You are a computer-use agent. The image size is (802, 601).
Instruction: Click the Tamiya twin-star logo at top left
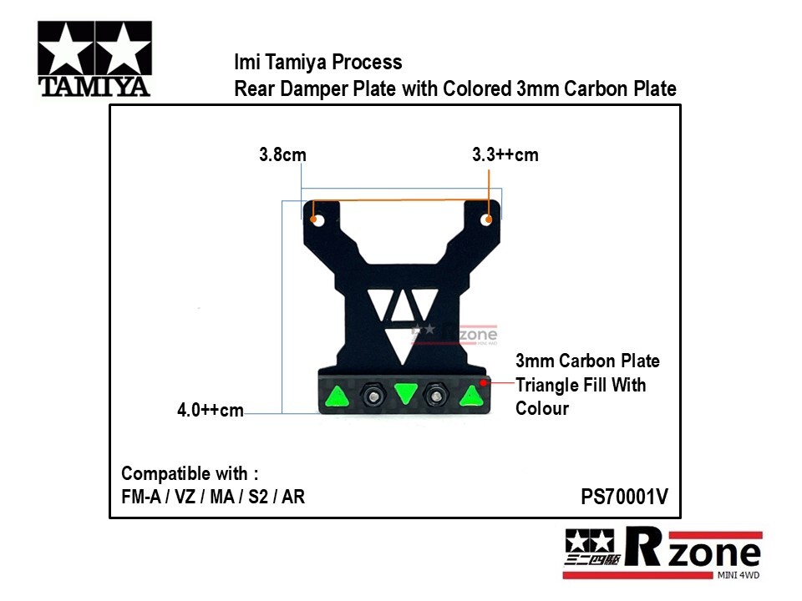point(94,59)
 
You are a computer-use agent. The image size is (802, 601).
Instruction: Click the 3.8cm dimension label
point(283,154)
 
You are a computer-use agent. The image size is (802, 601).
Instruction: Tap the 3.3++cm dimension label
point(505,154)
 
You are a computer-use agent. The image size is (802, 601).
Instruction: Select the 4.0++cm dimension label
point(211,410)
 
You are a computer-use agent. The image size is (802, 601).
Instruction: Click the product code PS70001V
point(625,497)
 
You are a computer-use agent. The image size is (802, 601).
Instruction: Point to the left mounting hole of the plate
point(317,220)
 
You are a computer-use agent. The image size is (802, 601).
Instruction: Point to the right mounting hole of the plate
point(486,220)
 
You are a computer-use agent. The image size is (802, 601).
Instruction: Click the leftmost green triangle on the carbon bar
point(337,396)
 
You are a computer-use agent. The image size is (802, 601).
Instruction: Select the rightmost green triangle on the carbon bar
point(471,396)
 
